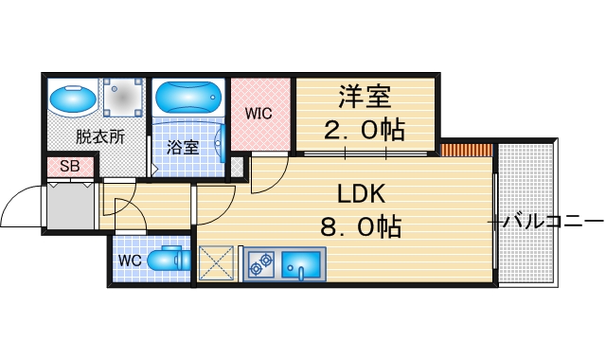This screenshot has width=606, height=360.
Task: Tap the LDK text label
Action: [361, 194]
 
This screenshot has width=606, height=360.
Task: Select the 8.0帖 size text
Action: [361, 227]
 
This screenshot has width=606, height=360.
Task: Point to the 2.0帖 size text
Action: [365, 130]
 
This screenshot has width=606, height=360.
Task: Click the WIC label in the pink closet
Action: [258, 114]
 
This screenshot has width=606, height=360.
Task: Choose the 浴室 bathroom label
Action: [183, 147]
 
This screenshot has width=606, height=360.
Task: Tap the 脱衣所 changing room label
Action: [100, 136]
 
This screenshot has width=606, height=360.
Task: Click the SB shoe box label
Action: [69, 168]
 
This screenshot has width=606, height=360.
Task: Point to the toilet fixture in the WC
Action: [170, 259]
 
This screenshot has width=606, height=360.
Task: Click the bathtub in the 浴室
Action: [188, 97]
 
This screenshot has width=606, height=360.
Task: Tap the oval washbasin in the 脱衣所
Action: [73, 99]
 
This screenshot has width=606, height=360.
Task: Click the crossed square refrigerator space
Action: [217, 263]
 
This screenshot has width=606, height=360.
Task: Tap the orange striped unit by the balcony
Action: [467, 150]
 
